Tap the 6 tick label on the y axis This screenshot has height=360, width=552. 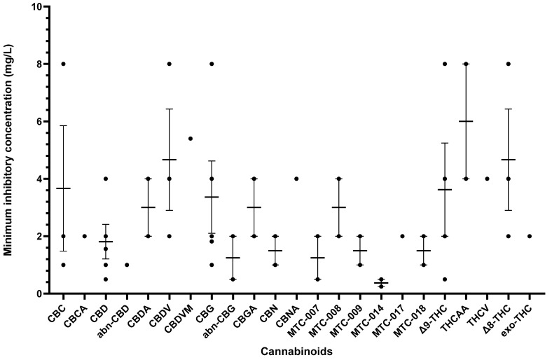pos(36,121)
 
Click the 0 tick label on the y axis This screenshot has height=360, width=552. pos(36,293)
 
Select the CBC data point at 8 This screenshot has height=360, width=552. pos(63,64)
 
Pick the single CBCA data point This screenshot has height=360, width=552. pos(84,236)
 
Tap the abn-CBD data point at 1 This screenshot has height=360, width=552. pos(127,265)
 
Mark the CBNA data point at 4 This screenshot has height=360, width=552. pos(297,179)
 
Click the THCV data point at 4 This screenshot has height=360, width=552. pos(487,179)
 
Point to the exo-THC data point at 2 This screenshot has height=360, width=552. pos(530,236)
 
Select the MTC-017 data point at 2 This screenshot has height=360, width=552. pos(402,236)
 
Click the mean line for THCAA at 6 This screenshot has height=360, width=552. pos(466,121)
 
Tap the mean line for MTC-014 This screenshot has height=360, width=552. pos(381,283)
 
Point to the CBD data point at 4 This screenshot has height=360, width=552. pos(105,179)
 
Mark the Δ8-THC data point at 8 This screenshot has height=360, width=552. pos(509,64)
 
